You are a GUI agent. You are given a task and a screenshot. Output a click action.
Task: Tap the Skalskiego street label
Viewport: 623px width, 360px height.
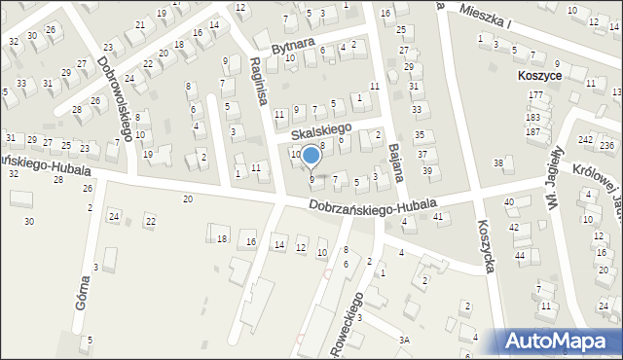point(322,129)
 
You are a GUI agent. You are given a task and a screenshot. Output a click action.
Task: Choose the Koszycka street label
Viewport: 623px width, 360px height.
point(487,244)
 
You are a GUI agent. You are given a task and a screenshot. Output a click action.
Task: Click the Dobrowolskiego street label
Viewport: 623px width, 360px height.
point(115,98)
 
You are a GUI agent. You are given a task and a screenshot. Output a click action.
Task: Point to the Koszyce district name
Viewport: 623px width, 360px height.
point(543,74)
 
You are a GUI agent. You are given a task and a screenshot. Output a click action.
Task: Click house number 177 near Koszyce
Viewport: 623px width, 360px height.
point(534,94)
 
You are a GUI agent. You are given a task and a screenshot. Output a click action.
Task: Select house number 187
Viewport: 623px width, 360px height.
point(532,130)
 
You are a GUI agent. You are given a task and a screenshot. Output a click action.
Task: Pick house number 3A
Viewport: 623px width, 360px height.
point(404,339)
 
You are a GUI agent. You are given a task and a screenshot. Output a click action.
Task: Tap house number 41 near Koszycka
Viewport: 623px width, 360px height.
point(438,216)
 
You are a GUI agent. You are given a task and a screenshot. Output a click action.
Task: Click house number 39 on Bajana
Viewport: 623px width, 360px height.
point(427,171)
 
